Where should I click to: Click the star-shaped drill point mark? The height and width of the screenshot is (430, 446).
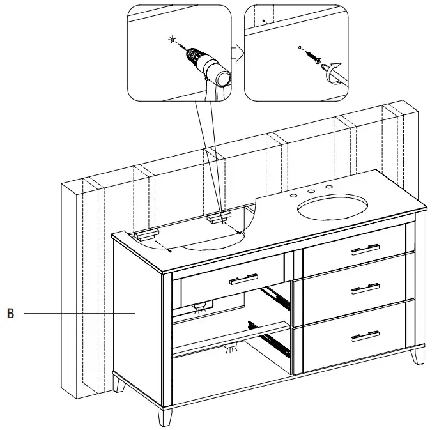[171, 40]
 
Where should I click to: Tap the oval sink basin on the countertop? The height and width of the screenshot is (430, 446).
[332, 208]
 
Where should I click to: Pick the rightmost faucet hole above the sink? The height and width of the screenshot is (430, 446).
[330, 187]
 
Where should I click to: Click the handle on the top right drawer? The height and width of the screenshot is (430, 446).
[365, 250]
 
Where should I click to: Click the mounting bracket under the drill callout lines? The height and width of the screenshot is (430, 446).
[218, 218]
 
